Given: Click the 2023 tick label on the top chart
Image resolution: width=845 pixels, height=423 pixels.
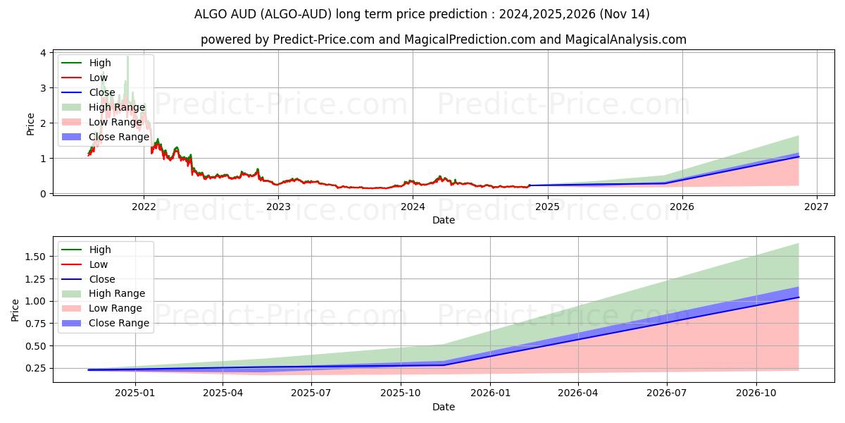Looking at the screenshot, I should pos(278,207).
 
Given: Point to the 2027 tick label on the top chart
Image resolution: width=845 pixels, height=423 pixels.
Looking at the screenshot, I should pos(816,207).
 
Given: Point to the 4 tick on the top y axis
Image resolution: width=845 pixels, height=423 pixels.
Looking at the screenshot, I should pos(44,53).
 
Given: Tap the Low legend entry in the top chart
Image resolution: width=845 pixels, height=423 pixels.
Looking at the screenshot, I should pos(99,78).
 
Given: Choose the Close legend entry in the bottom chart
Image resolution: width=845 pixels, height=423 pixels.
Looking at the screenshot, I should pos(102,279).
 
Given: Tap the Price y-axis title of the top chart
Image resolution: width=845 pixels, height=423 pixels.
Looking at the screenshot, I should pos(30,123).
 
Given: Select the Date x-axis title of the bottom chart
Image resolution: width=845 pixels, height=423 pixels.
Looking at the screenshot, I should pos(444,407).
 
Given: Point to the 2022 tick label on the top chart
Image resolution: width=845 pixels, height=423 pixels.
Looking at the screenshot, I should pos(144,207).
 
